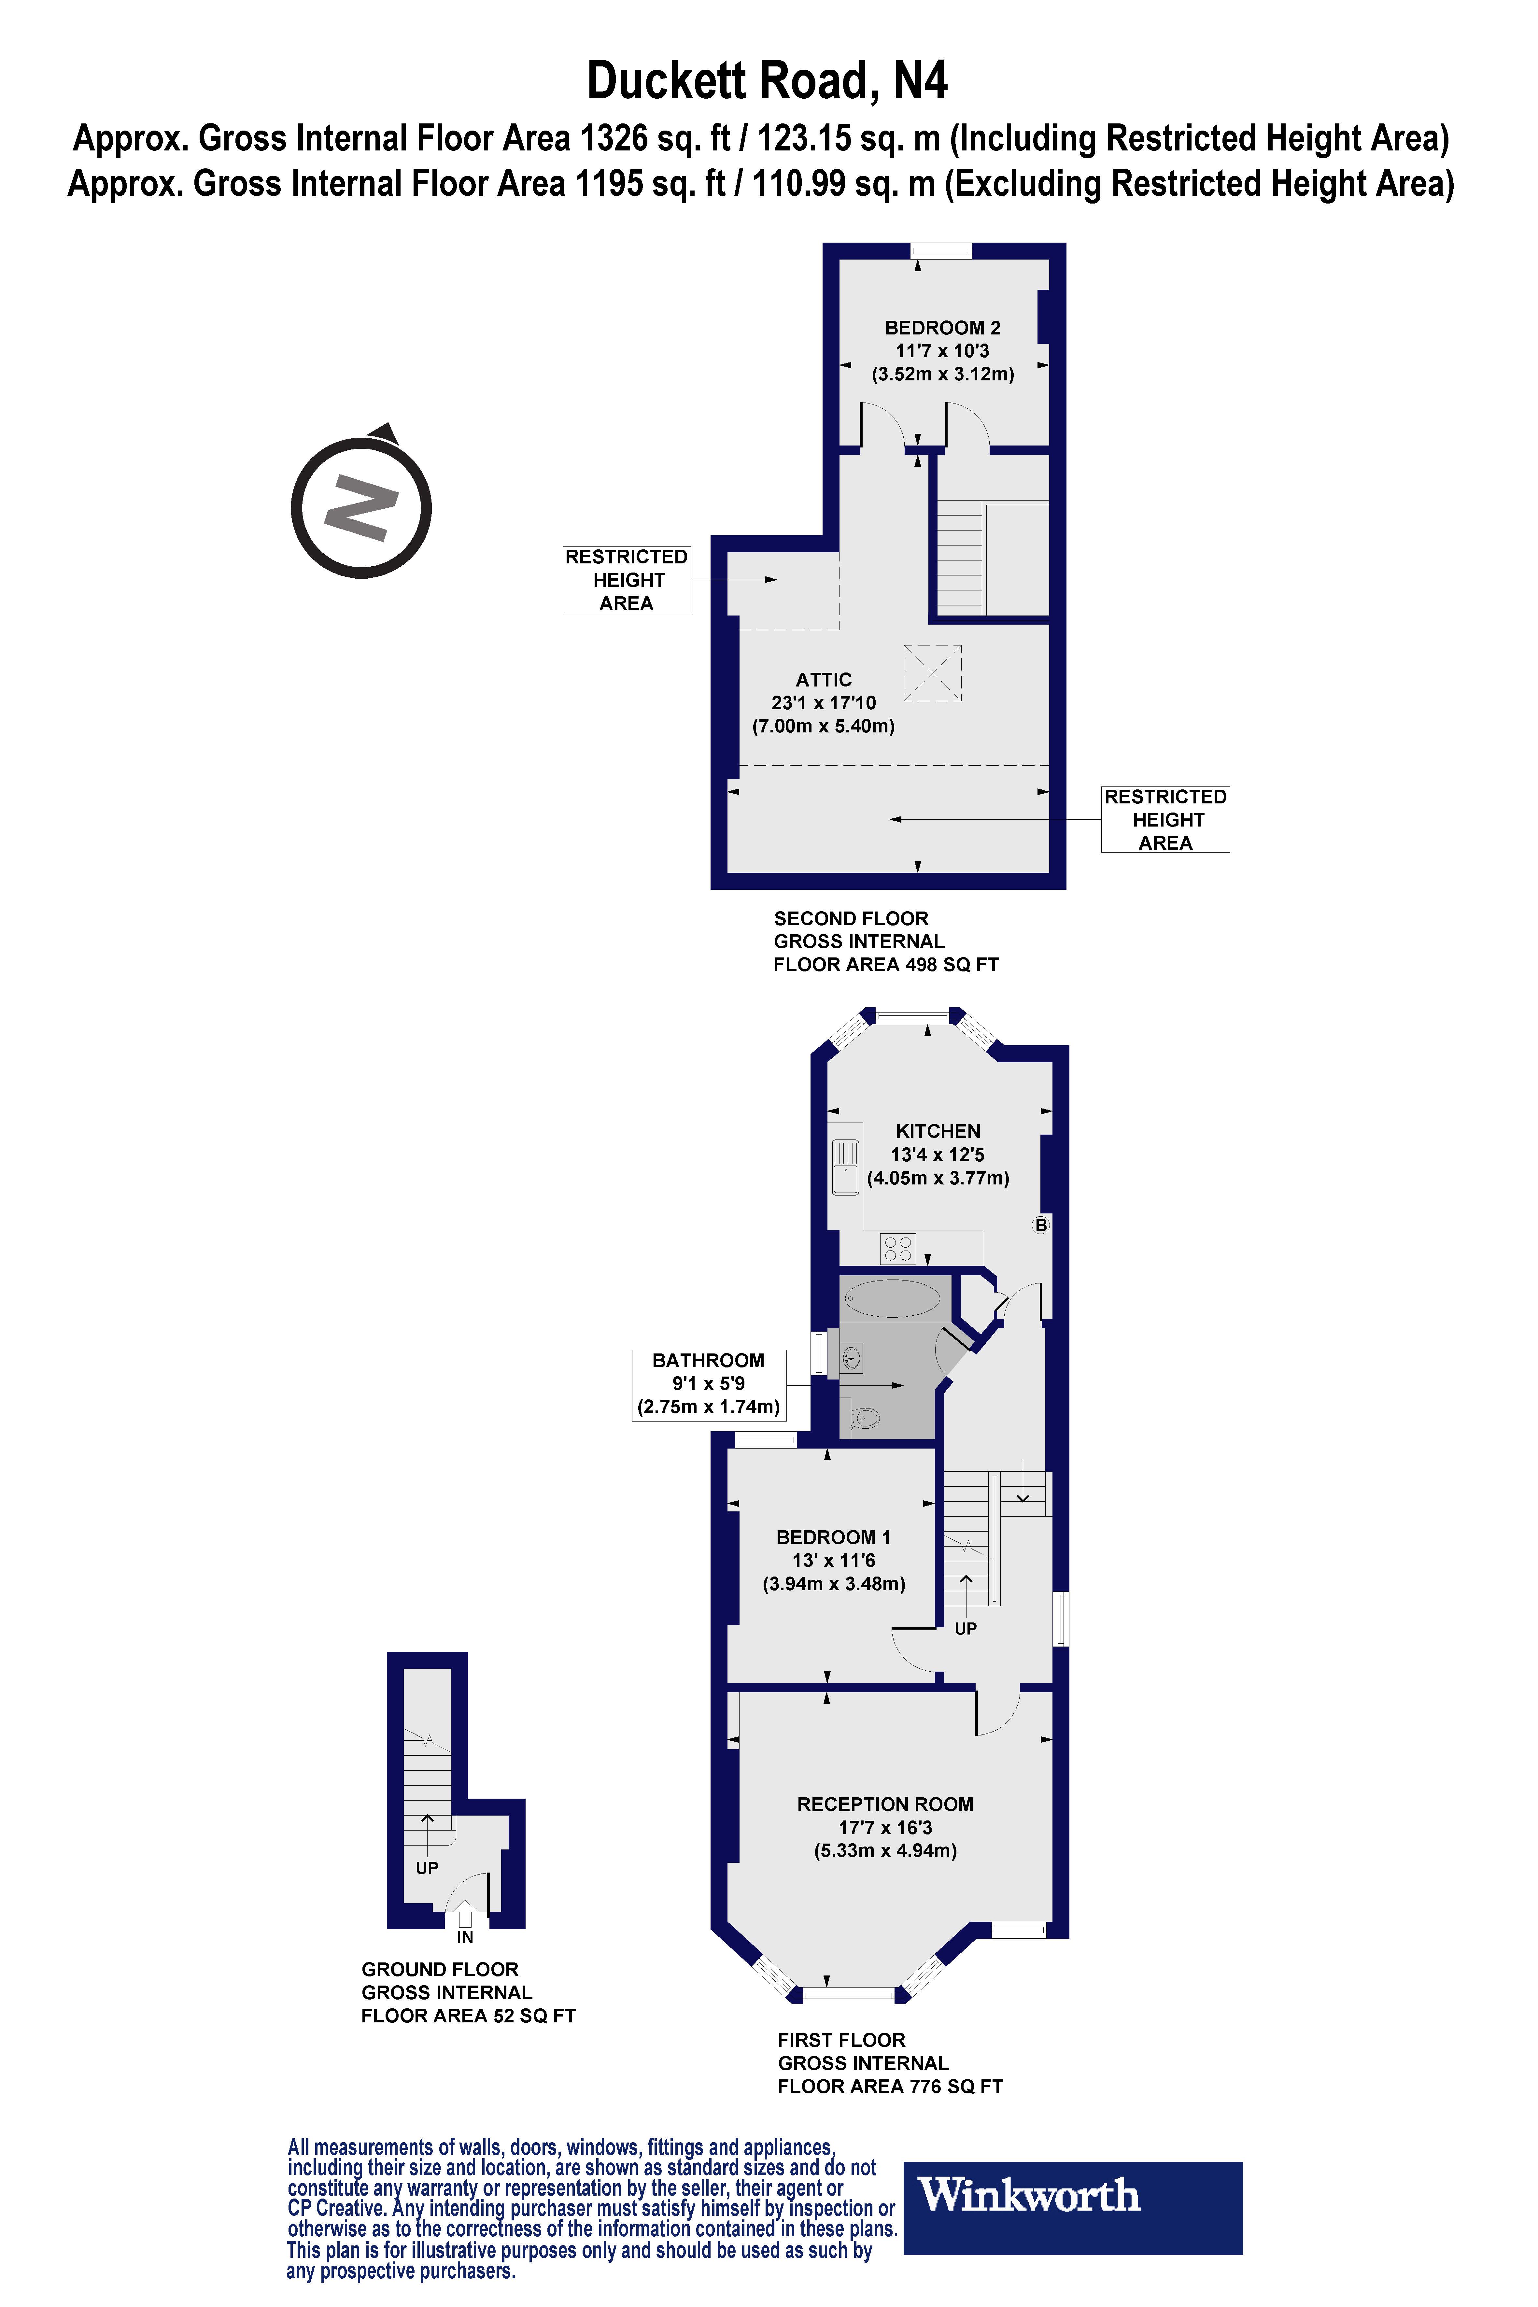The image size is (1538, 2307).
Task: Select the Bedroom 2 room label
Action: point(943,328)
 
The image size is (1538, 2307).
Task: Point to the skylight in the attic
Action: point(932,673)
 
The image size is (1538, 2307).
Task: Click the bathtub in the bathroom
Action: point(893,1299)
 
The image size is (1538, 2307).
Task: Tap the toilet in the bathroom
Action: point(863,1417)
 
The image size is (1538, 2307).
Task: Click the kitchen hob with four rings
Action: point(898,1248)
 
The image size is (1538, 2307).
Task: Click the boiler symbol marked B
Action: point(1041,1225)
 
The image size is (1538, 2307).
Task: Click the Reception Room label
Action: point(885,1804)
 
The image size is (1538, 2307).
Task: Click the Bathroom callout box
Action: point(708,1384)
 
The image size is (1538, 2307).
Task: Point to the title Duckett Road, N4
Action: point(767,80)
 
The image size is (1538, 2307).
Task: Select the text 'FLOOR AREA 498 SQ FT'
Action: point(886,964)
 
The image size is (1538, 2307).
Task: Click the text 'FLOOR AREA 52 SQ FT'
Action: point(468,2016)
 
